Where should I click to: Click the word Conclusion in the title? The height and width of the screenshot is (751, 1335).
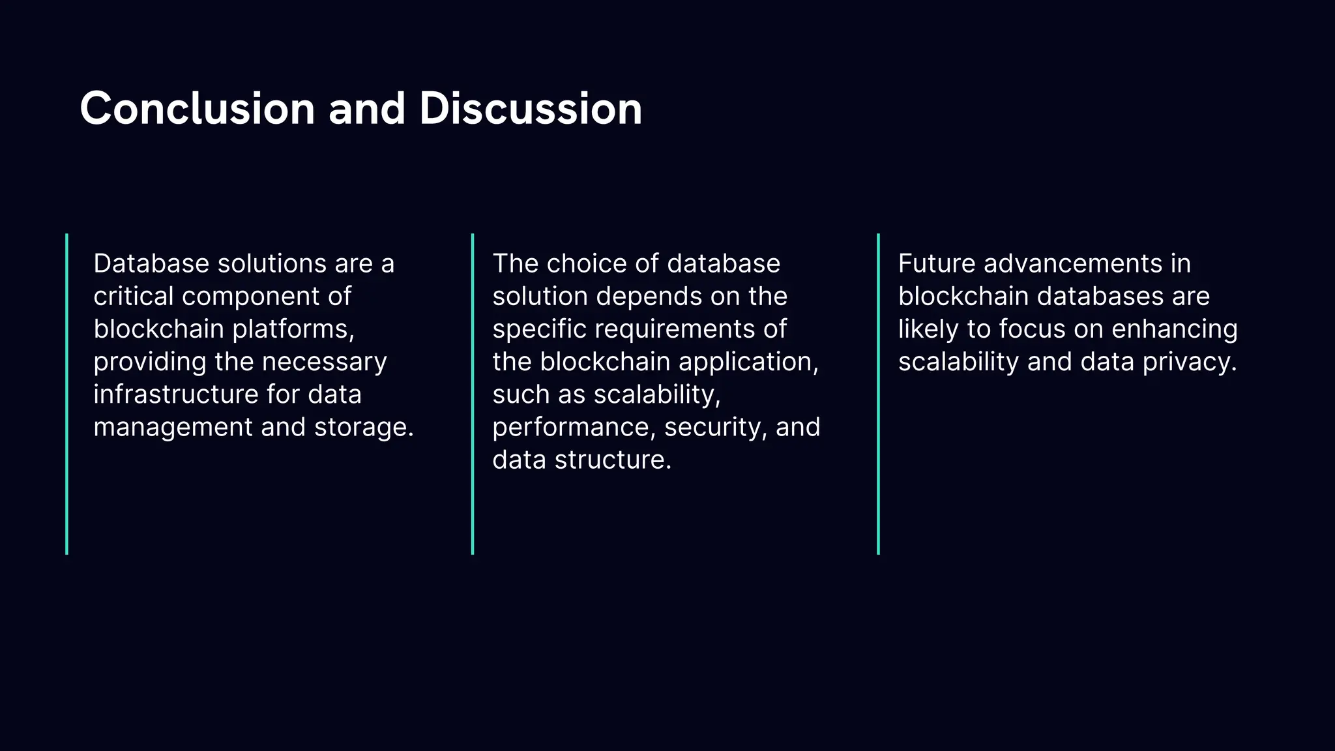point(197,108)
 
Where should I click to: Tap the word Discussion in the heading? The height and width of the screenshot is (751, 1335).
point(531,108)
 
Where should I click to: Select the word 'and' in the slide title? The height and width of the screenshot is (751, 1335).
point(367,108)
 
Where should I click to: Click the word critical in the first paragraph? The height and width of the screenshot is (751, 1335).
point(134,297)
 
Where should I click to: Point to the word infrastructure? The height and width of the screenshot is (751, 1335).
point(175,394)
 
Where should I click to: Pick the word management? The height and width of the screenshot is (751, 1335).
point(173,428)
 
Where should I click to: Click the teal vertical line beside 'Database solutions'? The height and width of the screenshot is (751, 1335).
point(67,394)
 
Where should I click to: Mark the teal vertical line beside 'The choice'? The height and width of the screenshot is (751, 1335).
point(473,394)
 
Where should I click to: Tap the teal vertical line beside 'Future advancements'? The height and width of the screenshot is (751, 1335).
point(878,394)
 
